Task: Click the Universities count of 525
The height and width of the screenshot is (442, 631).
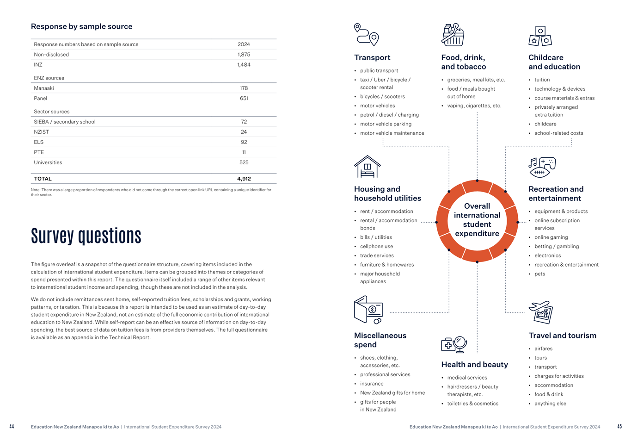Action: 244,162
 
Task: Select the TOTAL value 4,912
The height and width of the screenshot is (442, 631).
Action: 244,179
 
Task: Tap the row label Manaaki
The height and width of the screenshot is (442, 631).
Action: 44,88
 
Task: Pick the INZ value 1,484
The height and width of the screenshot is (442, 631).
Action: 244,65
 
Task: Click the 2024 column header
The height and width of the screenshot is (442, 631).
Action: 244,44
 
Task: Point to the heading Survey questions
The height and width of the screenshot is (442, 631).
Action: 86,236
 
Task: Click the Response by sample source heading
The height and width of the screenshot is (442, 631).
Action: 81,26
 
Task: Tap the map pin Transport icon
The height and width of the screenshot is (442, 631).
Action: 366,35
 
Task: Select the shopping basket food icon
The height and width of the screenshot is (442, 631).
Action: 453,35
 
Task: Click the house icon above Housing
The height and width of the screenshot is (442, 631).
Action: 367,167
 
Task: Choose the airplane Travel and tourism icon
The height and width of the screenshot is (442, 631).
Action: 541,312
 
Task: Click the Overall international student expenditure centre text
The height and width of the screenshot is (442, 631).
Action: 477,220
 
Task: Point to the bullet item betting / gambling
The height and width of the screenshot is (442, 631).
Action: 557,246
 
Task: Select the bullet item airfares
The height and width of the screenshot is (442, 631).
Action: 543,349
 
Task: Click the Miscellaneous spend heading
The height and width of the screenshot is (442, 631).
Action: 380,340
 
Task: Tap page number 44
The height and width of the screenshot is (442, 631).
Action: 12,427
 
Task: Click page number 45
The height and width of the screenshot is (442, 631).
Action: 619,427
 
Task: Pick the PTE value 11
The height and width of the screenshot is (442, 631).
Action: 244,152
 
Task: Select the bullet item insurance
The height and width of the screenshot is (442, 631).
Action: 372,384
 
